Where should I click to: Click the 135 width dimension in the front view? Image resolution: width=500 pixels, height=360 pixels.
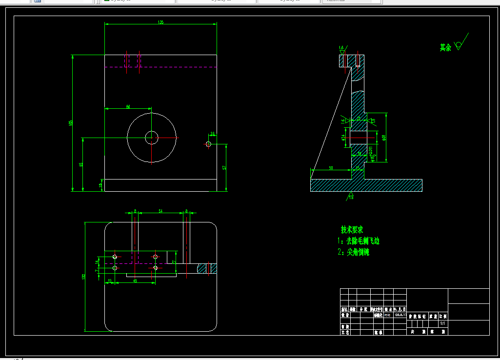tap(161, 22)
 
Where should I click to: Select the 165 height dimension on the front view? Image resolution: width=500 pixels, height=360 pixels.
tap(71, 122)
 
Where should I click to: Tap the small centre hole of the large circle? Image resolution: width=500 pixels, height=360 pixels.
tap(152, 138)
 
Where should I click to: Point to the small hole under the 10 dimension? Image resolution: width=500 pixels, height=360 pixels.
tap(209, 144)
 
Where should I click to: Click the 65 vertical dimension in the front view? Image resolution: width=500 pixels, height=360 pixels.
tap(80, 164)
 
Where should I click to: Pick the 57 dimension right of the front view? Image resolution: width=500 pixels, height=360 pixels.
tap(224, 167)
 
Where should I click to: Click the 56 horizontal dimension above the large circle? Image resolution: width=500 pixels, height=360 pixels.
tap(128, 106)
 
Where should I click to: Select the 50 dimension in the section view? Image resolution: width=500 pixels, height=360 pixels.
tap(331, 168)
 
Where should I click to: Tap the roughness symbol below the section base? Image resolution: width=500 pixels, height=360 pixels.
tap(351, 196)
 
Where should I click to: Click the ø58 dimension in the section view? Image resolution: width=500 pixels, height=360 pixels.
tap(384, 138)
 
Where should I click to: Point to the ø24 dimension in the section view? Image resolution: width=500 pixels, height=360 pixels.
tap(343, 138)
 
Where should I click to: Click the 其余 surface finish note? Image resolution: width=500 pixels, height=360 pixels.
tap(445, 47)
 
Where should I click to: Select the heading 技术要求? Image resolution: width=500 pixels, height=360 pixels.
tap(352, 229)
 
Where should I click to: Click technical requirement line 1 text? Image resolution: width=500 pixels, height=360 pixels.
tap(359, 241)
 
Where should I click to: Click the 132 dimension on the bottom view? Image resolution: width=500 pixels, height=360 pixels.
tap(84, 277)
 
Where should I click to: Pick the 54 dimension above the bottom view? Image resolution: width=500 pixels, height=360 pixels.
tap(160, 211)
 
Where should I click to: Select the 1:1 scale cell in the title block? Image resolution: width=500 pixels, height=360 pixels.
tap(442, 323)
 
